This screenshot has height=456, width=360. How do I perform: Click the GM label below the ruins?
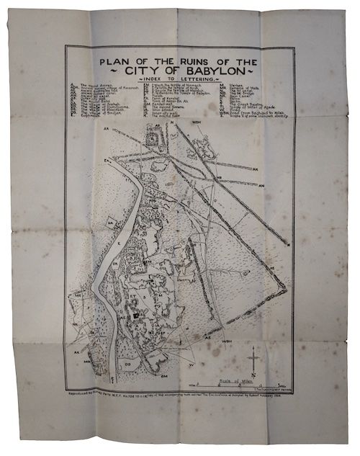coord(163,376)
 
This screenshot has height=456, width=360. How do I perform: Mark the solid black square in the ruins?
coord(135,315)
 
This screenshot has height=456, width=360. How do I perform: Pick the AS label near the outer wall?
coord(207,337)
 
